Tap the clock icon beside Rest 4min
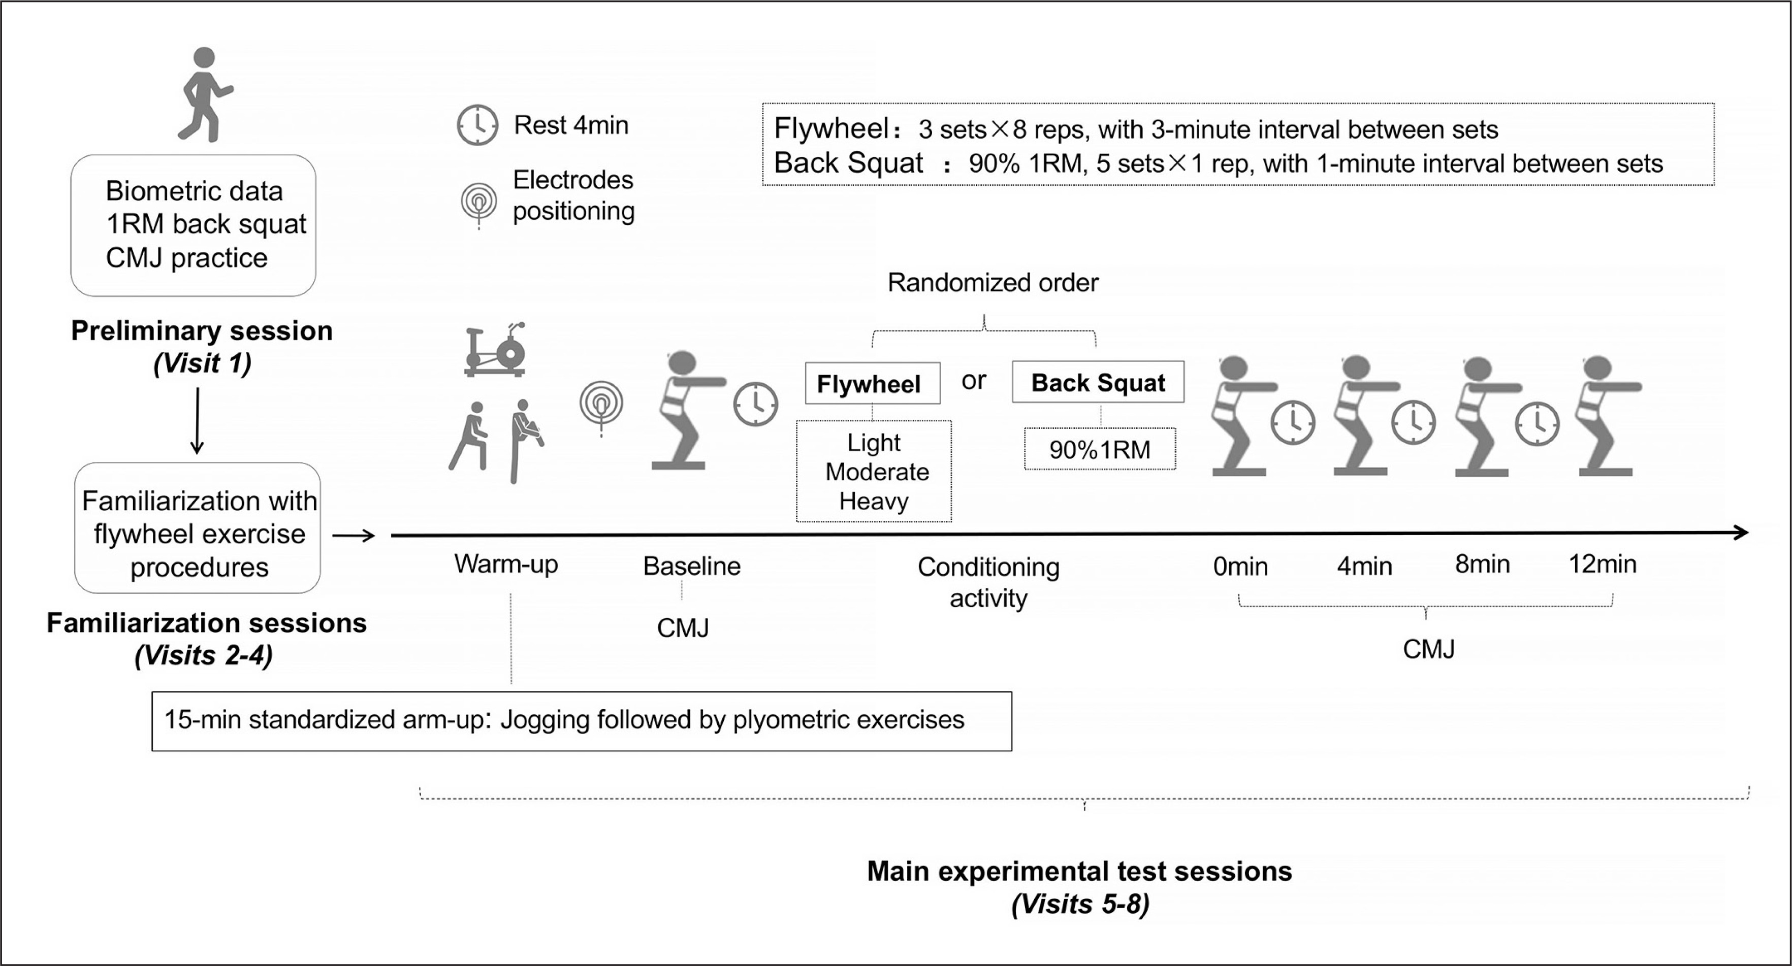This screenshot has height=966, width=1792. pos(477,125)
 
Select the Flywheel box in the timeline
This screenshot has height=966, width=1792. pos(872,383)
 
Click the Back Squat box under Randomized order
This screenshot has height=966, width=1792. pos(1098,382)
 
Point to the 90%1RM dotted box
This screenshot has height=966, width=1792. pos(1100,449)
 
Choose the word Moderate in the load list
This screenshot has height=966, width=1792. pos(877,472)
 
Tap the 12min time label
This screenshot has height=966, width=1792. pos(1602,564)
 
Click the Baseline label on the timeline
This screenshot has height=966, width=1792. pos(691,566)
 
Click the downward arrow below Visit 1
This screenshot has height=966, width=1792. pos(198,421)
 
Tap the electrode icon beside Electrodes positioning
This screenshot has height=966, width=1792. pos(478,203)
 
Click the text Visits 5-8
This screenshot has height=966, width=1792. pos(1080,904)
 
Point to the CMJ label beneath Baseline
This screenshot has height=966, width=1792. pos(683,628)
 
